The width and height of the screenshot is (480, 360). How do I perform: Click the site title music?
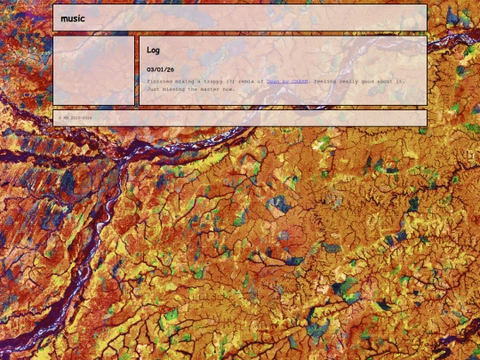pos(73,18)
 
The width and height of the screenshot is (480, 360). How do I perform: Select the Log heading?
pos(153,51)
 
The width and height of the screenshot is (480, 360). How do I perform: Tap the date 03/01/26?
pos(160,68)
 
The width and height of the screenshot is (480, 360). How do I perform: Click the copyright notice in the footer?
pos(76,117)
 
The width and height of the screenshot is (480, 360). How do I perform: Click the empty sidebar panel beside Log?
pos(93,71)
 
